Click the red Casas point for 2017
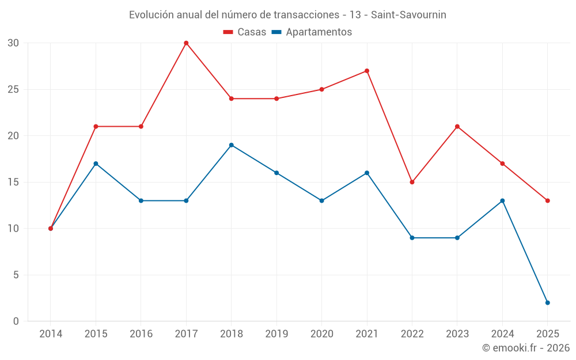point(186,43)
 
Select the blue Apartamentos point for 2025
point(547,302)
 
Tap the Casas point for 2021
point(367,71)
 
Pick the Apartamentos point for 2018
point(231,145)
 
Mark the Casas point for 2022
point(412,182)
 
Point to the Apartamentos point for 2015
point(96,164)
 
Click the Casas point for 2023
point(457,127)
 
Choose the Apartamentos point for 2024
point(502,200)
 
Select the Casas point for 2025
point(547,200)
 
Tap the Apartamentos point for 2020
point(321,200)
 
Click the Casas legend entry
point(245,32)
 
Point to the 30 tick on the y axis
point(13,43)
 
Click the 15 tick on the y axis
point(13,182)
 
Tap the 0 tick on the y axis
point(16,321)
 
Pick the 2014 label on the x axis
point(51,334)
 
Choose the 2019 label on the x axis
point(276,334)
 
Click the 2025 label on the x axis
point(547,334)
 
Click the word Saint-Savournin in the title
point(408,14)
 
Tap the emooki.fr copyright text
point(526,348)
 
